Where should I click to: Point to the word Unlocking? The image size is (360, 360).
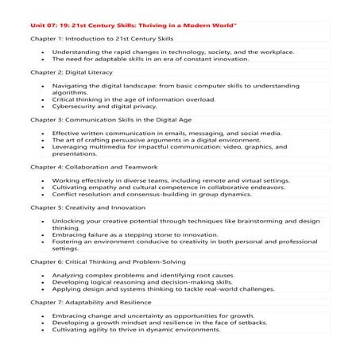pyautogui.click(x=69, y=220)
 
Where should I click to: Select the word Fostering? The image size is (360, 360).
pyautogui.click(x=68, y=242)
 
